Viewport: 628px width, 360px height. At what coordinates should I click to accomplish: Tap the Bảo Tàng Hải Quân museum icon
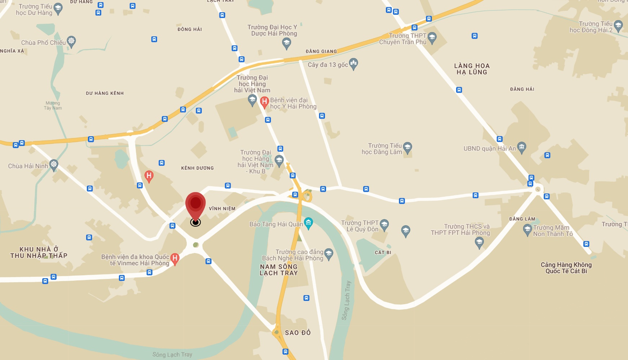click(x=308, y=223)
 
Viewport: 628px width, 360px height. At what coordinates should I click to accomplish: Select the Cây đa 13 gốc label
click(x=328, y=65)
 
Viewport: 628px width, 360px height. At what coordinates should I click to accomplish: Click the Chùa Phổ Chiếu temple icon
click(x=71, y=41)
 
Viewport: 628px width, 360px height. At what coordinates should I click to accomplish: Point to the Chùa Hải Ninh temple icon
click(x=54, y=165)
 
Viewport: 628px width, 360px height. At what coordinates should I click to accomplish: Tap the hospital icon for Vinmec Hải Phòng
click(x=175, y=258)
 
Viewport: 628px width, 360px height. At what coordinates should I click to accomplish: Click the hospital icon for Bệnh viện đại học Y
click(x=264, y=102)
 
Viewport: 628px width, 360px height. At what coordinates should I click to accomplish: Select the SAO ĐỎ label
click(x=298, y=333)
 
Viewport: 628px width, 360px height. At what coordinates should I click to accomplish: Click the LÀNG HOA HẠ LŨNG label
click(x=472, y=69)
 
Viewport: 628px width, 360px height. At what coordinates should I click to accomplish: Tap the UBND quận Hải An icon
click(x=522, y=147)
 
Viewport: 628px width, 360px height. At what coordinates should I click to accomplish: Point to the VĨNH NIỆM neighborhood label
click(x=222, y=209)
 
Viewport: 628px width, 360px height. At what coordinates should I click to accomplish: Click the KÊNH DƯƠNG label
click(x=197, y=168)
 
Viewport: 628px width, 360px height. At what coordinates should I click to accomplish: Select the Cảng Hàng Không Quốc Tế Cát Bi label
click(x=566, y=268)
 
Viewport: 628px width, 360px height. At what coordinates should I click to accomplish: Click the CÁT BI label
click(x=383, y=253)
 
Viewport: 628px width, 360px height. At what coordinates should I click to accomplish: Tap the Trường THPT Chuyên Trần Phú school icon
click(x=432, y=37)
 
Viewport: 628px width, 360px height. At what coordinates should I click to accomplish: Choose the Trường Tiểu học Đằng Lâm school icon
click(x=407, y=147)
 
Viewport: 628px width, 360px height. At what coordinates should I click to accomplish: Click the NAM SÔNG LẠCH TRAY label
click(x=279, y=270)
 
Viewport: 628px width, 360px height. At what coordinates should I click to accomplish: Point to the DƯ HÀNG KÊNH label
click(x=105, y=93)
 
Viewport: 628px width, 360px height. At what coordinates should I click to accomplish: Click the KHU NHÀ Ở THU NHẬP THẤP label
click(x=39, y=252)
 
